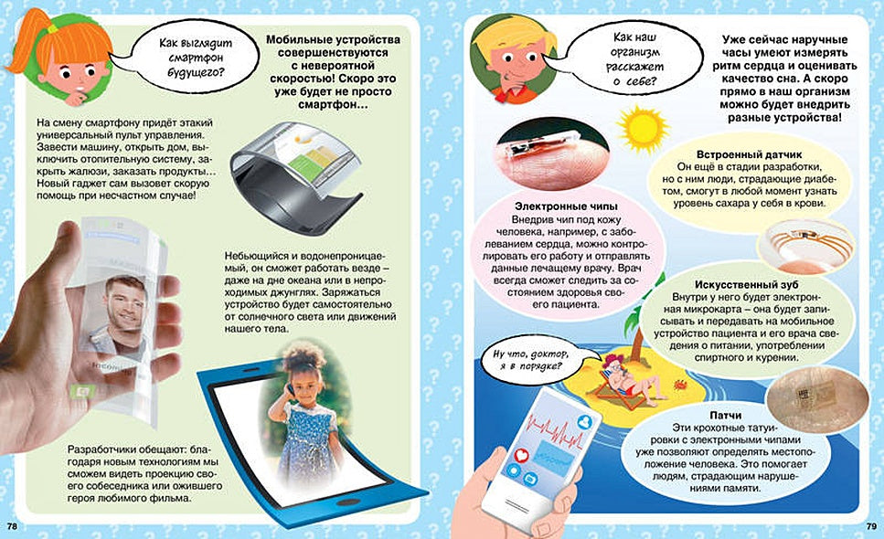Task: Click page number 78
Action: pyautogui.click(x=11, y=527)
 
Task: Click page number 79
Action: pyautogui.click(x=871, y=527)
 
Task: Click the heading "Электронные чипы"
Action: pyautogui.click(x=558, y=207)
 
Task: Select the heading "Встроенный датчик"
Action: pyautogui.click(x=743, y=154)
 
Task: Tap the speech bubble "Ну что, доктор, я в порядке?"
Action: pyautogui.click(x=528, y=358)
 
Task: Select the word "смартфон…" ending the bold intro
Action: pyautogui.click(x=320, y=106)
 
